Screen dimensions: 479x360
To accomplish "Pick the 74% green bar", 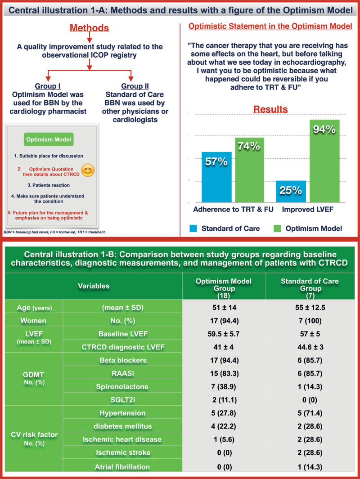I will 248,169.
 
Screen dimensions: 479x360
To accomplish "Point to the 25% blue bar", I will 291,191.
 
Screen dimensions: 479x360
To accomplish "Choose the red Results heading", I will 270,109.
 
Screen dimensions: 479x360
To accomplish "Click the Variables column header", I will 93,286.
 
